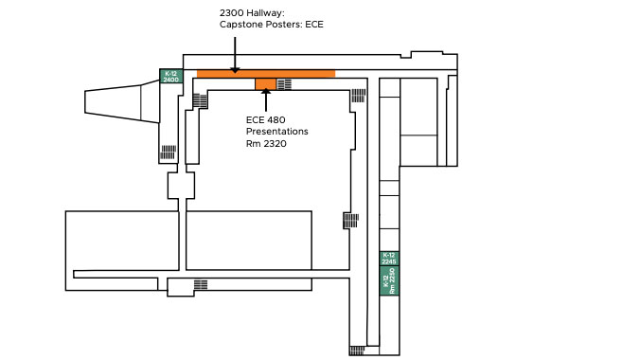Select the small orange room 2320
266,84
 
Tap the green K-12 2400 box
170,76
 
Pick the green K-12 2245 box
389,258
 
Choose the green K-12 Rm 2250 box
389,280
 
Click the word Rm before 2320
253,144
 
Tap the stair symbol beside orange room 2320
284,84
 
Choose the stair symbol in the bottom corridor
201,285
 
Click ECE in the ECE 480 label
255,119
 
